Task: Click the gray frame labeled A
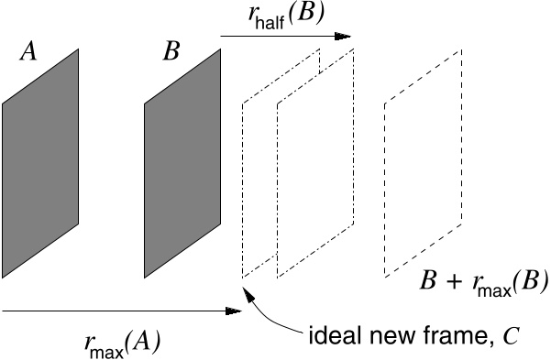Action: tap(40, 162)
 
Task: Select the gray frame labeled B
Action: tap(182, 162)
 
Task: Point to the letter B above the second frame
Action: tap(171, 52)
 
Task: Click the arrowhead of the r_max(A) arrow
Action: tap(236, 311)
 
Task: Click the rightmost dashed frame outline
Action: tap(423, 162)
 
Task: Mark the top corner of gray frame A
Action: tap(79, 48)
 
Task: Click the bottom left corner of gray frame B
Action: tap(145, 276)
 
